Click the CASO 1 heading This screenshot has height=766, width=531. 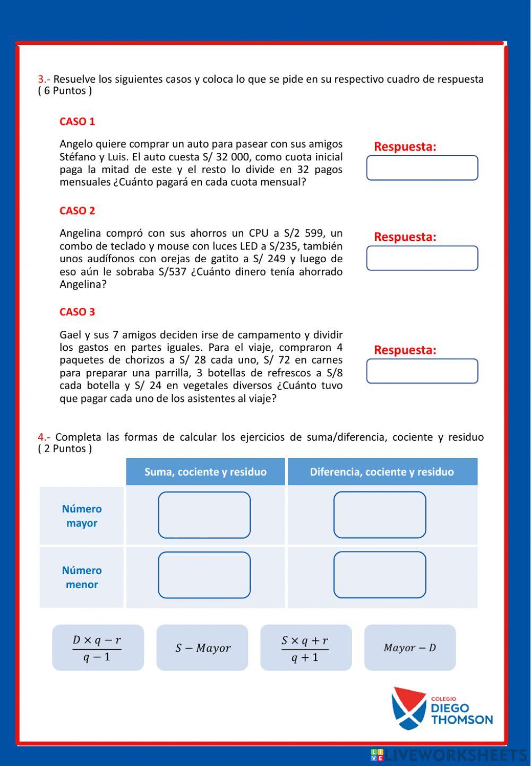coord(77,122)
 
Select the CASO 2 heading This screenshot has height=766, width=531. coord(77,211)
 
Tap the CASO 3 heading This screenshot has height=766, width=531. coord(77,312)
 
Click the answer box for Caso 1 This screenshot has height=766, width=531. coord(422,168)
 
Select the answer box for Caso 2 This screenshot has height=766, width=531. coord(422,258)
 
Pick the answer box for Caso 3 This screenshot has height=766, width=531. coord(422,371)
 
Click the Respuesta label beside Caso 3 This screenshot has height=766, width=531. coord(405,350)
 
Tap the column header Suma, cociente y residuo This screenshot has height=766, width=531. coord(205,472)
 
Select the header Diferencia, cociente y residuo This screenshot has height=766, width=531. coord(382,472)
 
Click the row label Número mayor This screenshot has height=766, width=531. coord(82,516)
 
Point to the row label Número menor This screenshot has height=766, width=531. coord(82,577)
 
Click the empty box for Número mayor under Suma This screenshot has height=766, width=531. coord(204,515)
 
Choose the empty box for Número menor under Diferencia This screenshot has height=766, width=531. coord(380,575)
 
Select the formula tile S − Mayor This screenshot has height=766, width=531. coord(202,648)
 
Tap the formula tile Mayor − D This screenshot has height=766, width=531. coord(410,648)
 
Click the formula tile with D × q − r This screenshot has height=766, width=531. coord(98,648)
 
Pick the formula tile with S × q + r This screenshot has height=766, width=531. coord(306,648)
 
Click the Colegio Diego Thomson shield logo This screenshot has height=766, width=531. coord(408,708)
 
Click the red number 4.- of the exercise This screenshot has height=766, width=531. coord(44,437)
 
